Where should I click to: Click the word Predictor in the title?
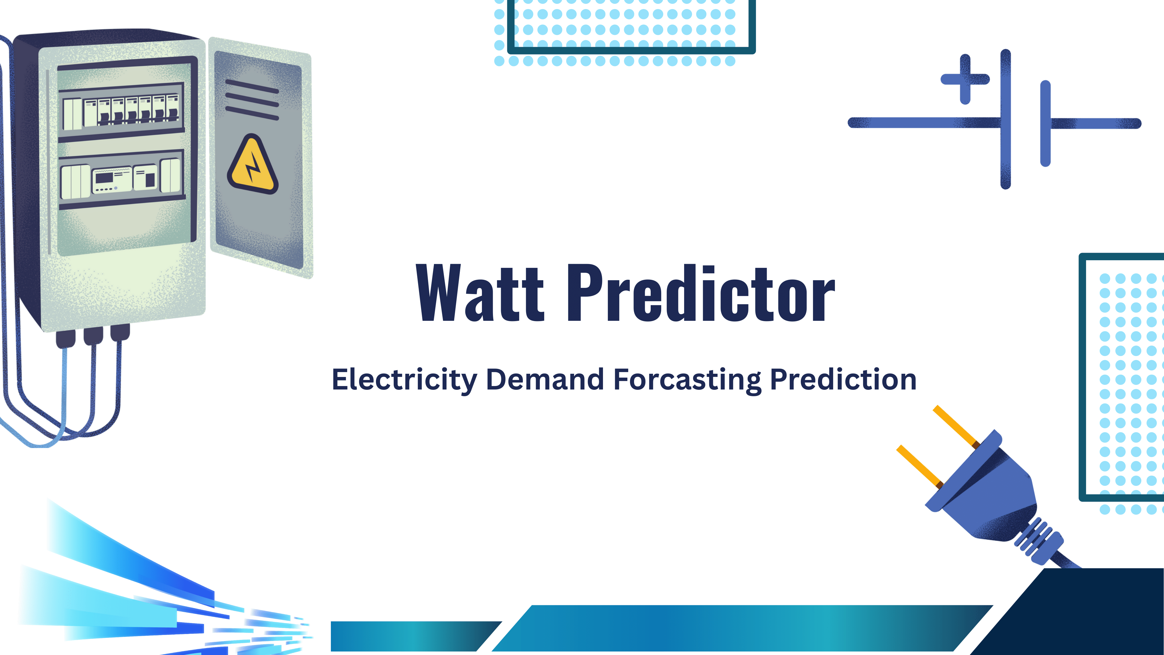(701, 293)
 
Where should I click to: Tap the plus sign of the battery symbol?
(965, 79)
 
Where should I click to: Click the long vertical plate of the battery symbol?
(1005, 119)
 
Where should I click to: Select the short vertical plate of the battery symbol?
(1045, 123)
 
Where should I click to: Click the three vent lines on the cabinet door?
(252, 100)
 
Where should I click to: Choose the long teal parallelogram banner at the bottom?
(742, 628)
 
